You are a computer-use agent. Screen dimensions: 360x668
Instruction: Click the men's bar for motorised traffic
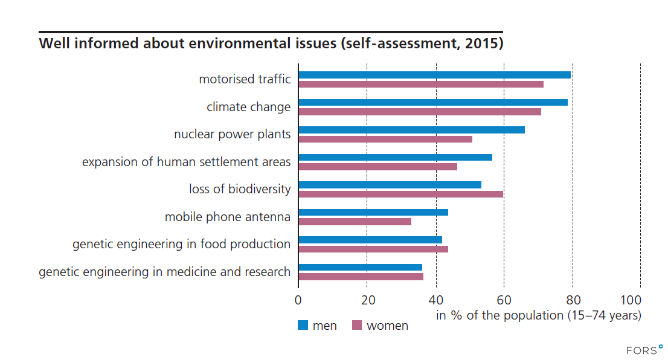(434, 75)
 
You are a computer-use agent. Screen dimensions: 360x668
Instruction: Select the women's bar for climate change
(420, 112)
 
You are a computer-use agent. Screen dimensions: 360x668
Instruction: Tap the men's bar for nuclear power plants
(411, 130)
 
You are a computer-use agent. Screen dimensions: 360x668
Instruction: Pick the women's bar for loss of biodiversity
(400, 194)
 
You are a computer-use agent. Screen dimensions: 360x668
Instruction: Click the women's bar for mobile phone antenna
(355, 222)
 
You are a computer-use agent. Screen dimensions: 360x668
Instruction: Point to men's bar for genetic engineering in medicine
(360, 267)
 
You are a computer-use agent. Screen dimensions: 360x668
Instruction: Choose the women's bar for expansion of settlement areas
(377, 167)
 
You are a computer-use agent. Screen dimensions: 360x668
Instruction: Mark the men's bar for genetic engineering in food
(370, 240)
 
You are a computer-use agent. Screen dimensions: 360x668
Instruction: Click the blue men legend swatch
(303, 326)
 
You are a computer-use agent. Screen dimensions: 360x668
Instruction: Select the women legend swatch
(356, 326)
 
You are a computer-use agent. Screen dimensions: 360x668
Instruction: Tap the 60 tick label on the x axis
(504, 300)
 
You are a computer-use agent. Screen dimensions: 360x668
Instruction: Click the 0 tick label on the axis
(298, 300)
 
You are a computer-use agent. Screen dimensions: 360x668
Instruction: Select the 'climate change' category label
(248, 107)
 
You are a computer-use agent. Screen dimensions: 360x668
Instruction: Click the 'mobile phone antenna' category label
(228, 217)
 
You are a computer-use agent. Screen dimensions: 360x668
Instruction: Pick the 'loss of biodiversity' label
(240, 189)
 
